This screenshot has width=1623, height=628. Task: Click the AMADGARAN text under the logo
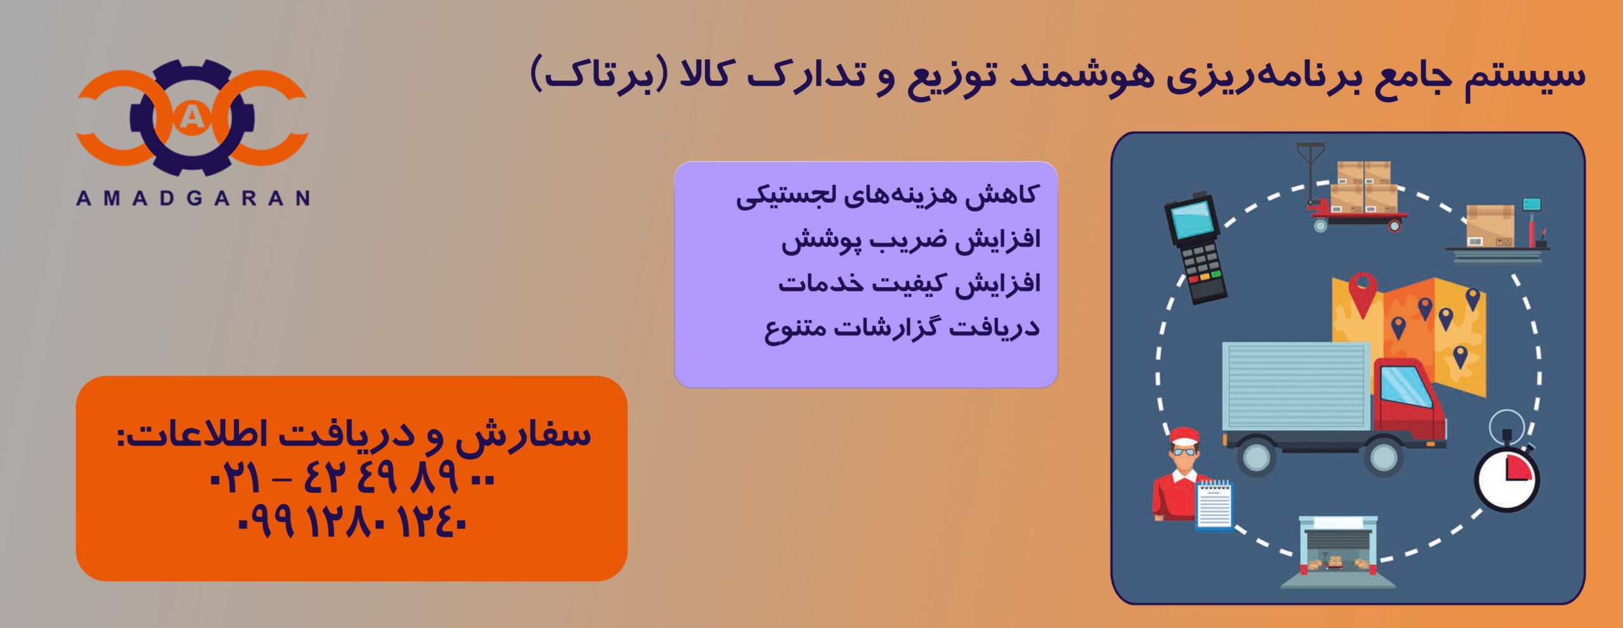[193, 198]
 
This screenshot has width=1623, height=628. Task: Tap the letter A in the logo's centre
[192, 117]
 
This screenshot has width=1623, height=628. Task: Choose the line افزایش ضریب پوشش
[911, 240]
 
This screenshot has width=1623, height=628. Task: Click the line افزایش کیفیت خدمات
[910, 283]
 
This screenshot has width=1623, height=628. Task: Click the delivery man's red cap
[1184, 437]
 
